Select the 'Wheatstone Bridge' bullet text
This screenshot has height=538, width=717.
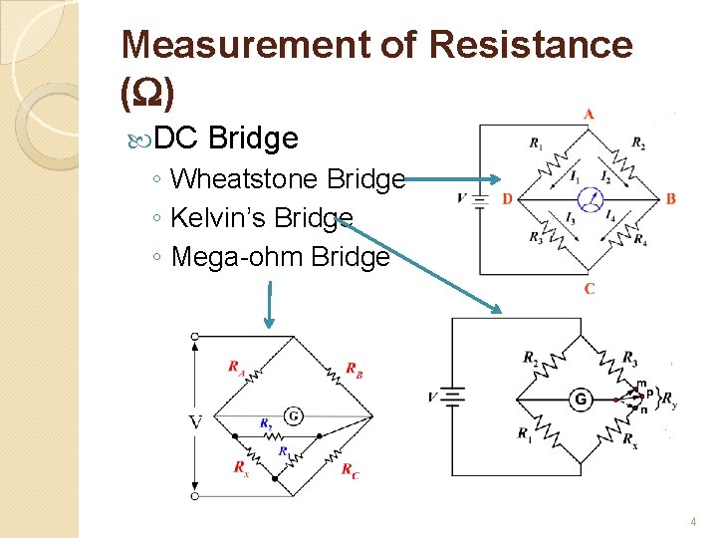click(288, 179)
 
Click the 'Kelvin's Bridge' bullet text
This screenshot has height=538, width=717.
click(262, 218)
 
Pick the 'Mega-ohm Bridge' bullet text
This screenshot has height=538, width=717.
click(280, 257)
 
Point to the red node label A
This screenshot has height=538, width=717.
click(589, 114)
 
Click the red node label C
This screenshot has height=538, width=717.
click(589, 289)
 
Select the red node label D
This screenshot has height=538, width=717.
click(507, 199)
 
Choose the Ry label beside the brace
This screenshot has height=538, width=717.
click(669, 401)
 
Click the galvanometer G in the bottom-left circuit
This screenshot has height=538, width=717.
click(294, 414)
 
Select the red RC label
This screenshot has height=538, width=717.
click(351, 470)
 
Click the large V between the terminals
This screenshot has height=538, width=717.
click(195, 423)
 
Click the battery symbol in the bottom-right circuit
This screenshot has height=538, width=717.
click(452, 399)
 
